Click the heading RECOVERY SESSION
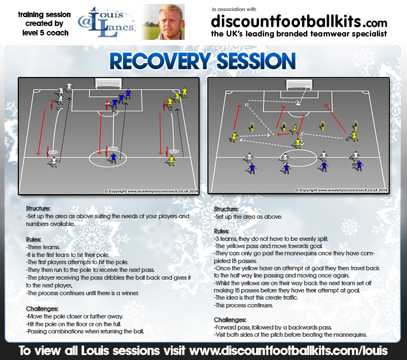click(202, 61)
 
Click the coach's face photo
click(164, 22)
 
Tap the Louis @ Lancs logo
click(106, 22)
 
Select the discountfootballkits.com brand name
click(299, 22)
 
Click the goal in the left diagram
click(108, 84)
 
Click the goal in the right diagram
click(299, 84)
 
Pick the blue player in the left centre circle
click(113, 158)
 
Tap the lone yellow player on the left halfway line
click(171, 161)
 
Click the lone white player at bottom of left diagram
click(54, 162)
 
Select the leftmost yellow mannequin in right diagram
click(252, 127)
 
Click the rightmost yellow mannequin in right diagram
click(356, 125)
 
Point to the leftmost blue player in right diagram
click(252, 168)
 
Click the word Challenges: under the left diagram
click(42, 308)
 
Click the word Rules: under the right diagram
click(221, 231)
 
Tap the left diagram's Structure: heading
click(38, 208)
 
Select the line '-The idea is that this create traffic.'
click(256, 297)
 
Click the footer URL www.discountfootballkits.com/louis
click(288, 351)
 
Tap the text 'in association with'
click(234, 9)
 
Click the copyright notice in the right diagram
click(342, 190)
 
